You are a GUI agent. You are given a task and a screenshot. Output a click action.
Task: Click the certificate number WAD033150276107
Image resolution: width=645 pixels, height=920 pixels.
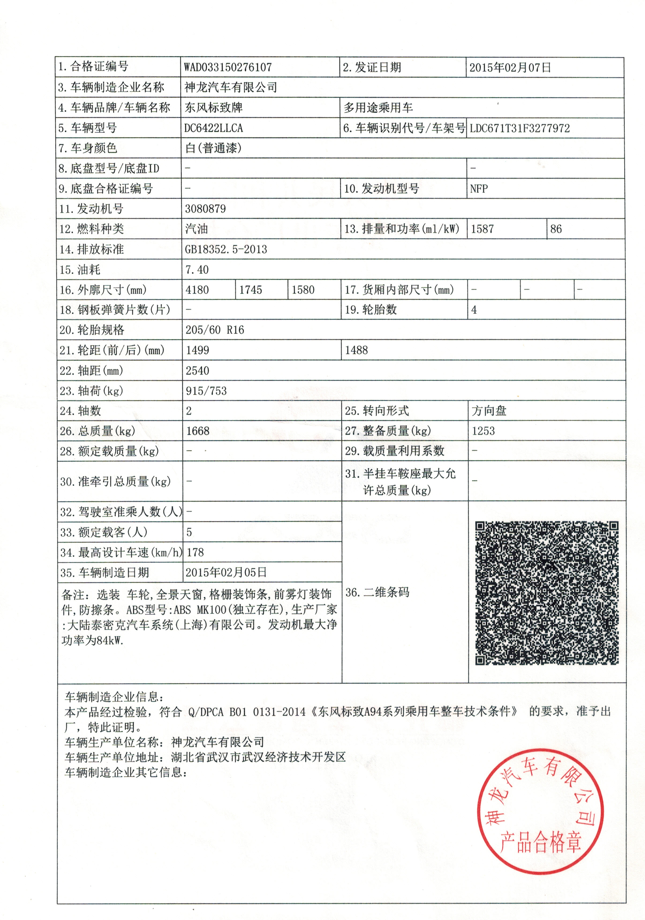click(x=228, y=67)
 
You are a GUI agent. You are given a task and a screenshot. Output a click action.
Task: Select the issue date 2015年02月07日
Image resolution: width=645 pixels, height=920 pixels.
click(x=510, y=67)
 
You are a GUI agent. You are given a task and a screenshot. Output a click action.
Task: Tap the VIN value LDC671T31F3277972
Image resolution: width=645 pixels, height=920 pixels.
click(x=520, y=128)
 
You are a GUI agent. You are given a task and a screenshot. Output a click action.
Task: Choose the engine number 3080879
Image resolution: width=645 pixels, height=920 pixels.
click(x=205, y=209)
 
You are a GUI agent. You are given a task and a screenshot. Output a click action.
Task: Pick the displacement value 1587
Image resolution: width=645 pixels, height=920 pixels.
click(x=482, y=229)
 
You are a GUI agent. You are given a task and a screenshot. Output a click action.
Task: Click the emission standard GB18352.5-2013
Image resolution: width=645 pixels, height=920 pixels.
click(x=226, y=250)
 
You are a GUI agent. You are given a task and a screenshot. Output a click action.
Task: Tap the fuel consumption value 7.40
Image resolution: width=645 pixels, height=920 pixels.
click(x=197, y=270)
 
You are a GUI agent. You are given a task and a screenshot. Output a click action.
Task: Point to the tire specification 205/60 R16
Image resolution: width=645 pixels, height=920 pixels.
click(x=215, y=330)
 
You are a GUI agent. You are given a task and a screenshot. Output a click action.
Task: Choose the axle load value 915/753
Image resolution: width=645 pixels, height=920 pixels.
click(x=206, y=391)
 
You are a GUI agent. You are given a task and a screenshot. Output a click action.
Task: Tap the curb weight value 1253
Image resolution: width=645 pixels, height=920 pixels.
click(x=483, y=431)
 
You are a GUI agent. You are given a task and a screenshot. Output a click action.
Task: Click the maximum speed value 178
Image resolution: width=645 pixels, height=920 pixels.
click(x=195, y=553)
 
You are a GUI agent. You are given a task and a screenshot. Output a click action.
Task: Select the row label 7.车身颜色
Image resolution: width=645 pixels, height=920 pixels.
click(x=88, y=148)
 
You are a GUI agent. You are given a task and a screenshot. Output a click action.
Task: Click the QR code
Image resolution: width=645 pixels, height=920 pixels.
click(x=547, y=593)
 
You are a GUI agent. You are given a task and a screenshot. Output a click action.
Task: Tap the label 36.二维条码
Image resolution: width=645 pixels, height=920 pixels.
click(x=377, y=592)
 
